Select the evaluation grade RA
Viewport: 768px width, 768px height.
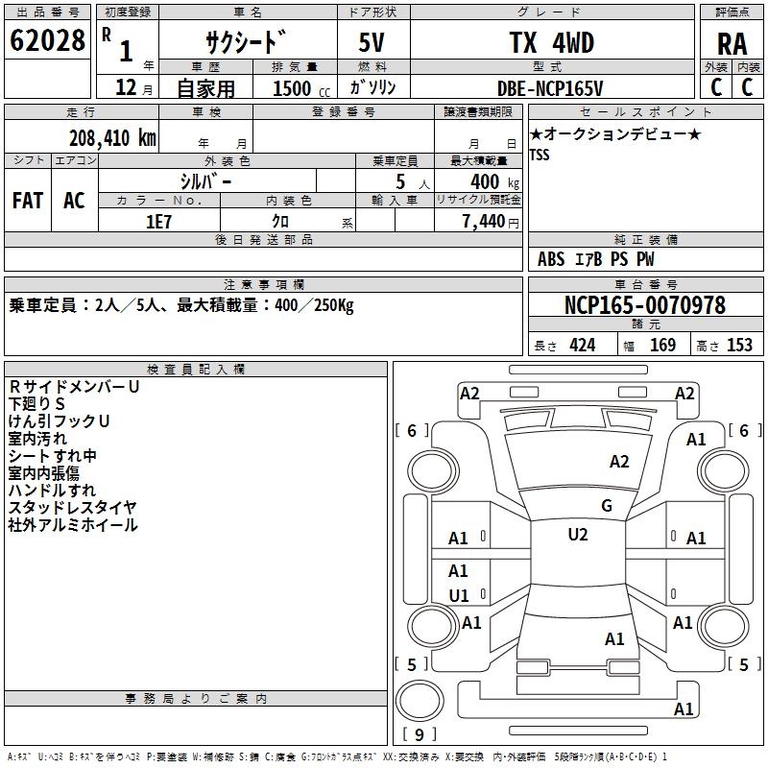coord(732,43)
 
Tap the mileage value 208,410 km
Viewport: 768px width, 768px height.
coord(112,137)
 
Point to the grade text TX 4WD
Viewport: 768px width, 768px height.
coord(551,43)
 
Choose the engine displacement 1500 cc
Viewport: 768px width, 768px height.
coord(301,88)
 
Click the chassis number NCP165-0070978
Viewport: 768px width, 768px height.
coord(645,305)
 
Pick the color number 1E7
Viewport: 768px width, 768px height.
coord(159,220)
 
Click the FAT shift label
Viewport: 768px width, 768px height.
coord(28,201)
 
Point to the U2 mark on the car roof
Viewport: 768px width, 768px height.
coord(577,535)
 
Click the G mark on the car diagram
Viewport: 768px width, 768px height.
coord(606,506)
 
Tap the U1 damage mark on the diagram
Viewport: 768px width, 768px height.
coord(459,595)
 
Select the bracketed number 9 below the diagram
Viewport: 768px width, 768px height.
coord(420,734)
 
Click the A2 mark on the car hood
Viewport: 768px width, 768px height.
coord(619,462)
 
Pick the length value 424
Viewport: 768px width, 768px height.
coord(582,345)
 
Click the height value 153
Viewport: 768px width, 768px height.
coord(739,345)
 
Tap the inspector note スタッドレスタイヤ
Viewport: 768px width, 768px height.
coord(73,507)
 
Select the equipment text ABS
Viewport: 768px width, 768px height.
coord(551,258)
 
